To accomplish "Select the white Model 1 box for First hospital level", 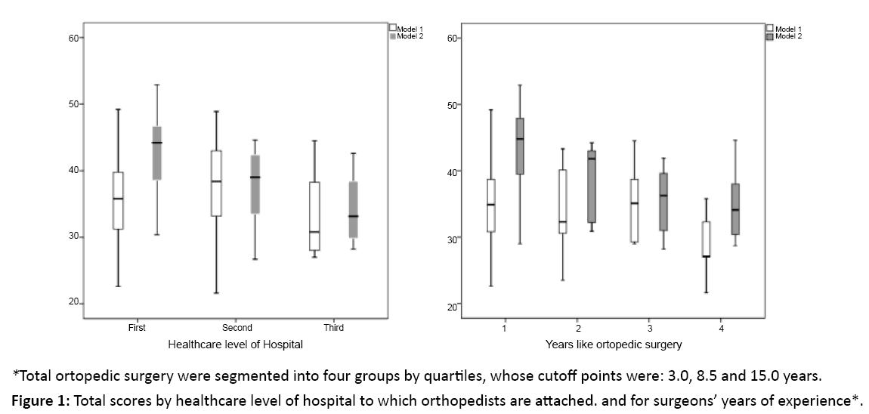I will pyautogui.click(x=118, y=200).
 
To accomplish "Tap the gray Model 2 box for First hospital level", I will pyautogui.click(x=157, y=153).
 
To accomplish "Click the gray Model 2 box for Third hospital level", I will pyautogui.click(x=353, y=209).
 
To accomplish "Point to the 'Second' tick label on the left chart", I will pyautogui.click(x=237, y=328).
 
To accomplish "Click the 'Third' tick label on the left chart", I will pyautogui.click(x=333, y=328).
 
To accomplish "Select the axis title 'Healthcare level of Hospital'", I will pyautogui.click(x=235, y=345).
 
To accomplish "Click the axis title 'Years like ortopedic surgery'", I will pyautogui.click(x=614, y=345).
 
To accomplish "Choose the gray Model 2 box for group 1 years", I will pyautogui.click(x=520, y=146).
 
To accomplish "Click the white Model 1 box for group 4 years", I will pyautogui.click(x=707, y=239).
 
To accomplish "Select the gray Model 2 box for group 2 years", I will pyautogui.click(x=591, y=186).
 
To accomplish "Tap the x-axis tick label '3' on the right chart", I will pyautogui.click(x=649, y=330).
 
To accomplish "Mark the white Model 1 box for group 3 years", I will pyautogui.click(x=634, y=210).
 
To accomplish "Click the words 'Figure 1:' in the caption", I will pyautogui.click(x=38, y=400).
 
